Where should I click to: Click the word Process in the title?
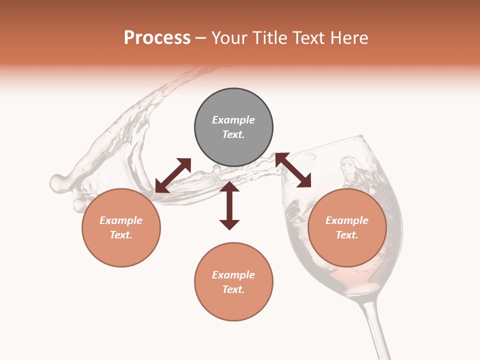point(157,38)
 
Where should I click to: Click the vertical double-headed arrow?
point(229,206)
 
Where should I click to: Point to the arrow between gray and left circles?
point(173,175)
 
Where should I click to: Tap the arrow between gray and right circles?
point(293,170)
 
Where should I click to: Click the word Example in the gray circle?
point(233,120)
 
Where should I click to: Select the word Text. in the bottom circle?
point(233,289)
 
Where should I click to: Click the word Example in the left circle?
point(121,220)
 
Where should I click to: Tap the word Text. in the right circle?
point(347,235)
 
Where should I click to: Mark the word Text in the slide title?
point(307,38)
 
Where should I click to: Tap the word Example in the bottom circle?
point(233,275)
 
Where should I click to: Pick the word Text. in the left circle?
point(121,235)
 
